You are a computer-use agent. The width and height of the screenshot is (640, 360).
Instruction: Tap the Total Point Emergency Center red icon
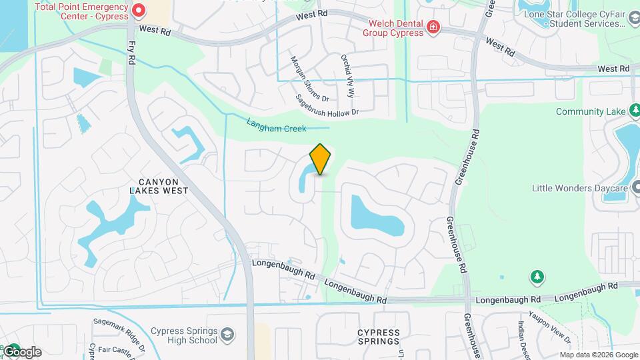tap(139, 10)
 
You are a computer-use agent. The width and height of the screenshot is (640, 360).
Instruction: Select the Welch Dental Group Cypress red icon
tap(433, 27)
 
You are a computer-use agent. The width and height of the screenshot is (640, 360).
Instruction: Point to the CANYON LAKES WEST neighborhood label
tap(159, 185)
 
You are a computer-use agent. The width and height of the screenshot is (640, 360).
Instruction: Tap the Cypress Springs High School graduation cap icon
tap(227, 334)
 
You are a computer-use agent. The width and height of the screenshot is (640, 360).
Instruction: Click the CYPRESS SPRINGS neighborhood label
tap(378, 337)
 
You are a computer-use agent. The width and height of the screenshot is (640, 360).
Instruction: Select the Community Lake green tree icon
tap(635, 110)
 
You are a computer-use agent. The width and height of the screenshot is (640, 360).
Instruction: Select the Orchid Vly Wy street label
tap(348, 76)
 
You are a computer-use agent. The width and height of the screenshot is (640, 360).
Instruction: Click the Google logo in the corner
tap(21, 352)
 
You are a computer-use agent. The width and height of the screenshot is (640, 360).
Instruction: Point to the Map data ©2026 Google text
tap(599, 355)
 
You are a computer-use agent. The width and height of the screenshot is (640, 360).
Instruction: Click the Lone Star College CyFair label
tap(584, 14)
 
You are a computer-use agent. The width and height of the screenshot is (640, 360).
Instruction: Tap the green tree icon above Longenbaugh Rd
tap(535, 276)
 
